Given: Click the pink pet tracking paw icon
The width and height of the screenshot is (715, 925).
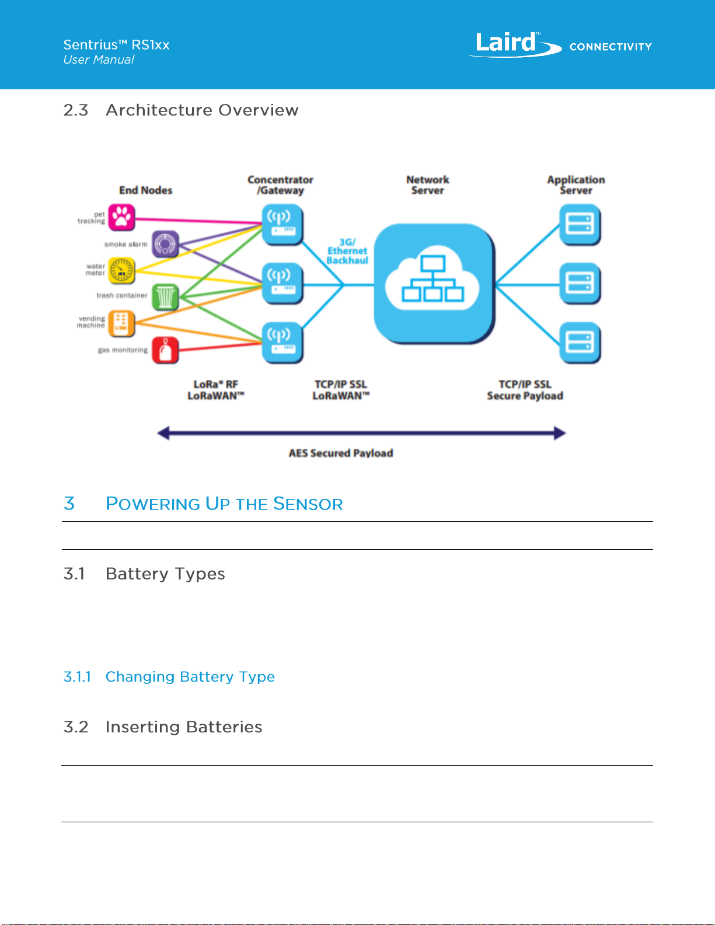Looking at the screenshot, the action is click(122, 218).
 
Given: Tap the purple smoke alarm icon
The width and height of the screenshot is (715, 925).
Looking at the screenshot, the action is click(165, 245).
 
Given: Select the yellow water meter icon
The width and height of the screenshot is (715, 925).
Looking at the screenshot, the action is click(122, 271).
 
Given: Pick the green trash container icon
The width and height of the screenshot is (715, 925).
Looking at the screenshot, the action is click(165, 297).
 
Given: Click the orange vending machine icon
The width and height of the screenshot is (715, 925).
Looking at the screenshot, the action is click(122, 323).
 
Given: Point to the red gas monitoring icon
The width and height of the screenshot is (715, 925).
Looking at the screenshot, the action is click(165, 350).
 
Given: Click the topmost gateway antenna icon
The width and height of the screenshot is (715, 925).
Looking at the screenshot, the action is click(282, 224).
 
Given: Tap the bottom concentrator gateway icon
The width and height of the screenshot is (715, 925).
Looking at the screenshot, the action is click(282, 343).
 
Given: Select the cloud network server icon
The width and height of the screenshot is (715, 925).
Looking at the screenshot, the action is click(434, 284).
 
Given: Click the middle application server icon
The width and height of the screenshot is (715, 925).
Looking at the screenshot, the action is click(580, 284).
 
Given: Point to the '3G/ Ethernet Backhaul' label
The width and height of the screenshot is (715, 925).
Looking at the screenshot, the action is click(347, 251).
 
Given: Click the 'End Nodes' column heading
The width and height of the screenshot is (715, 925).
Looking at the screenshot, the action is click(145, 190).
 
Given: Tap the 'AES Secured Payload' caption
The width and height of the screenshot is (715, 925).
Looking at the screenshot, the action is click(341, 453).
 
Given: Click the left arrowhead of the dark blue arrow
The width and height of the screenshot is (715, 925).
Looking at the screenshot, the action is click(158, 434).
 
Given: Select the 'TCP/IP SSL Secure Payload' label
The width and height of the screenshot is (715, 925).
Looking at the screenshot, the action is click(525, 390).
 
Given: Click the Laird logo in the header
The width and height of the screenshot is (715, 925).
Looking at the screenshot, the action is click(515, 44).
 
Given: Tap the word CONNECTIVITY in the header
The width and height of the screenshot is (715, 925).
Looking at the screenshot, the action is click(611, 47).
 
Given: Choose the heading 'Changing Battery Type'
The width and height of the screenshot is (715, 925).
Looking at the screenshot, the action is click(190, 677).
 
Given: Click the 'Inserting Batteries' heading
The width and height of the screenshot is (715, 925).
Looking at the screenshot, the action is click(184, 727).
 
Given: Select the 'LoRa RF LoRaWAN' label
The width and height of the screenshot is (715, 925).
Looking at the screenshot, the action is click(216, 390).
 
